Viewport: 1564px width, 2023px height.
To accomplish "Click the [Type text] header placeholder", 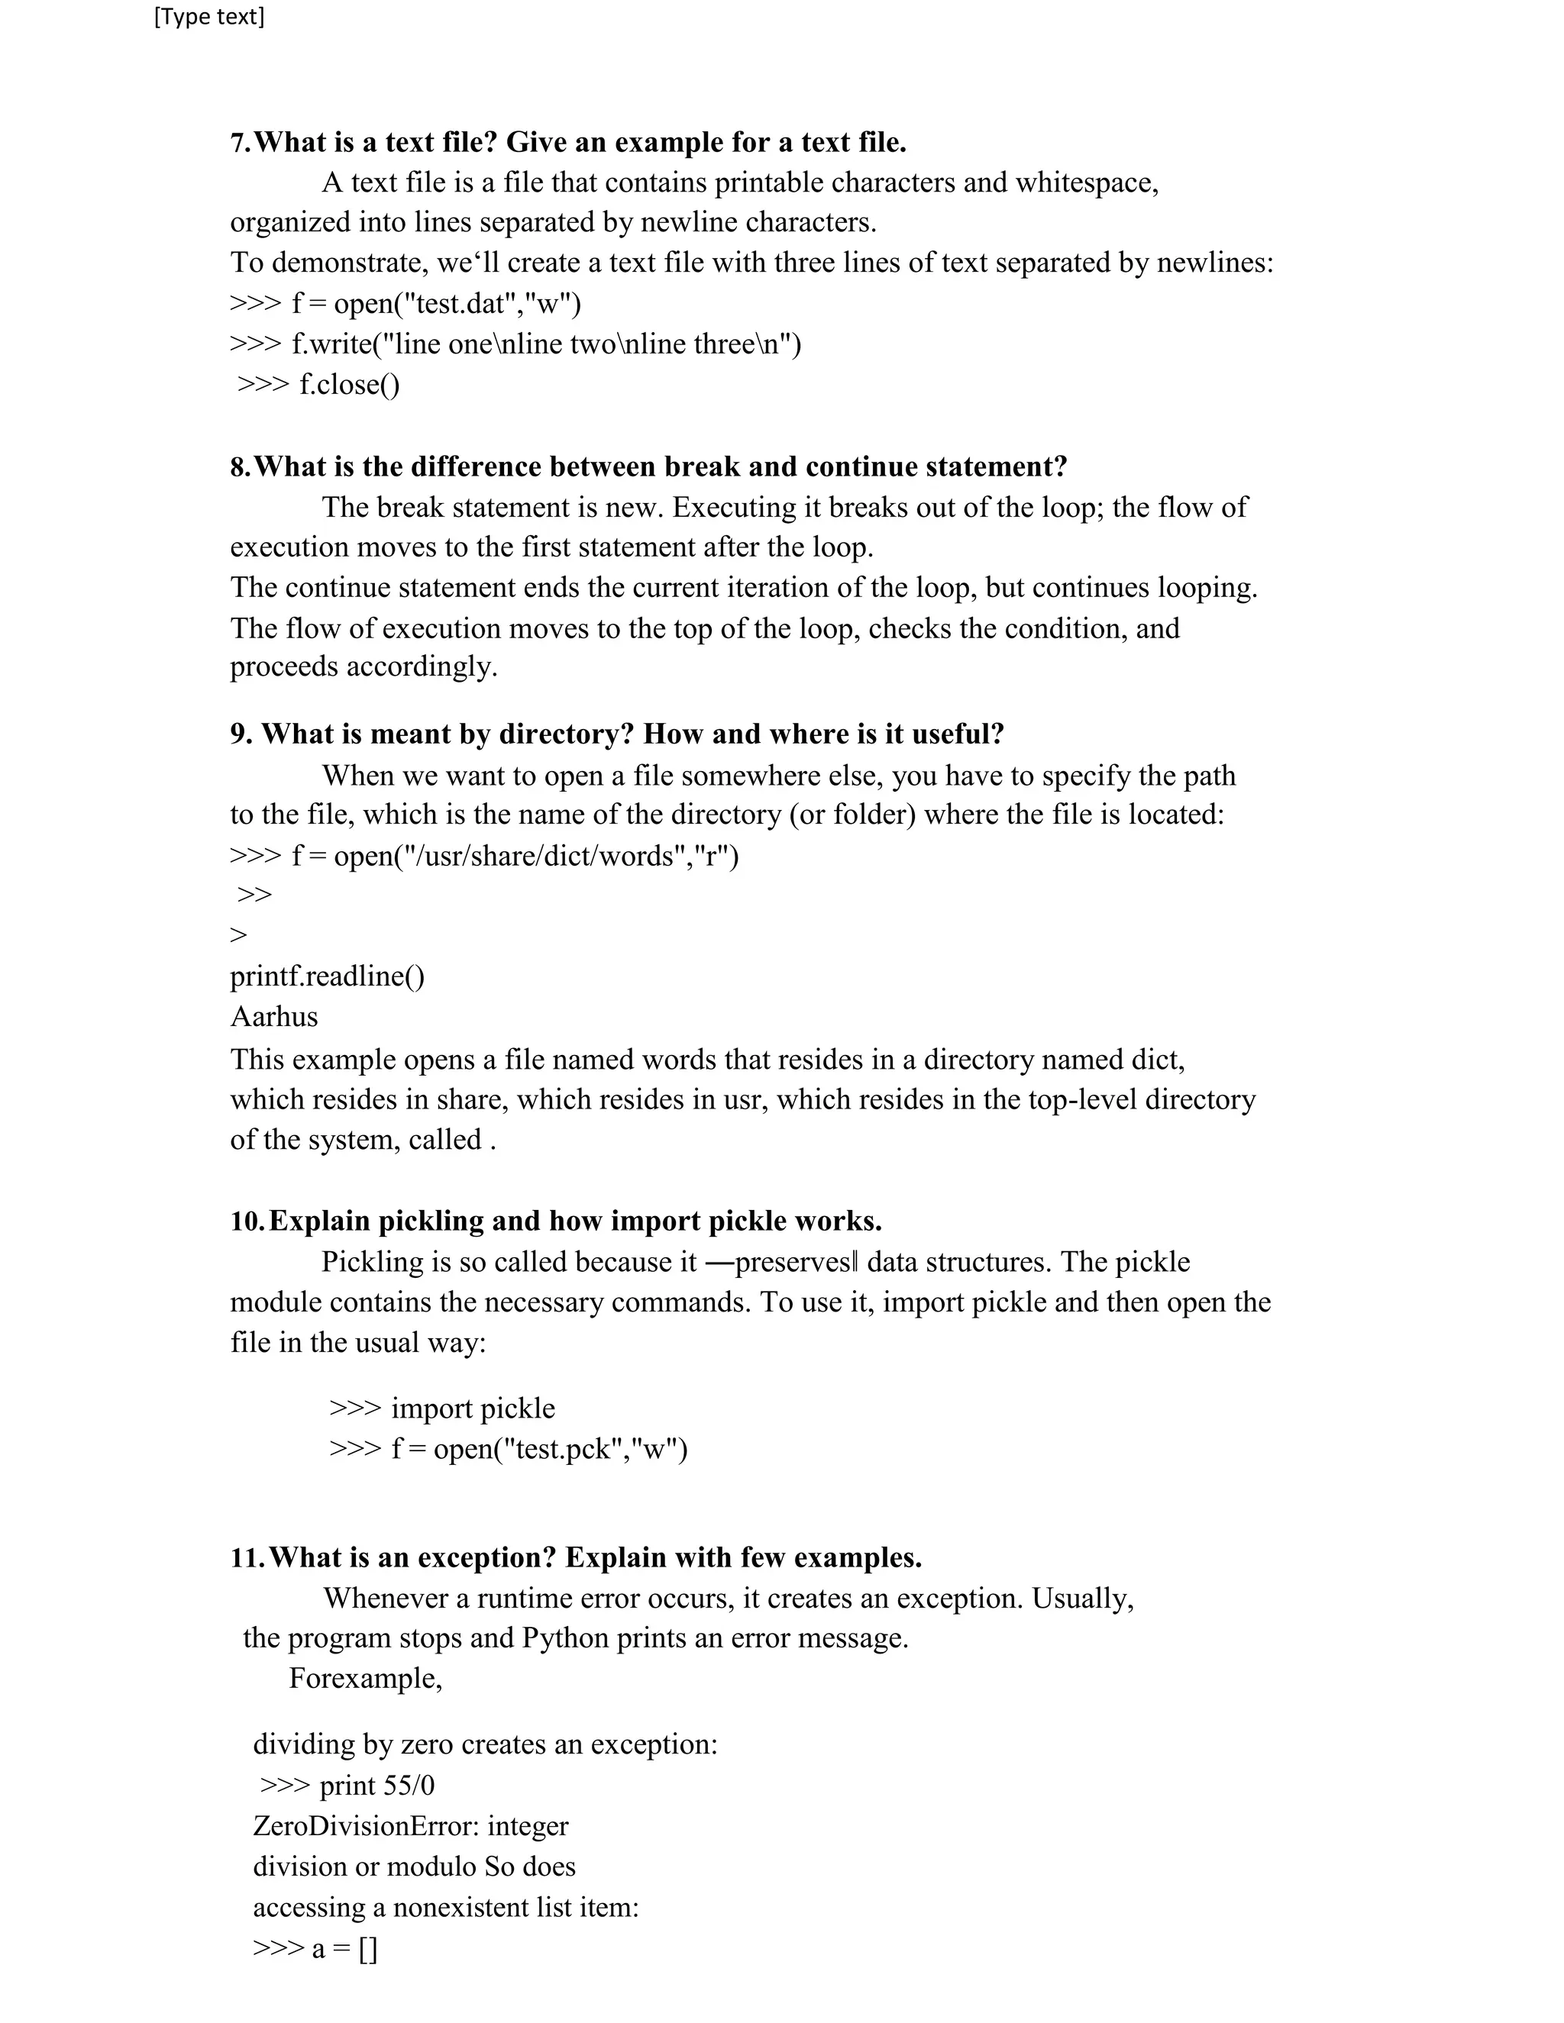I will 209,17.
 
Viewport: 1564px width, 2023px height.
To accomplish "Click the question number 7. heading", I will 241,143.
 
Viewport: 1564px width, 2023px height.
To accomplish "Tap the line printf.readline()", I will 327,976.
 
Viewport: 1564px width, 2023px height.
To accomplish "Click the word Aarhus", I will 273,1017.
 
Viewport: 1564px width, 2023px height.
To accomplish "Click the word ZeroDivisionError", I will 365,1827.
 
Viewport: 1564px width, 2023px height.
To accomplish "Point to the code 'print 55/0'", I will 376,1786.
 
